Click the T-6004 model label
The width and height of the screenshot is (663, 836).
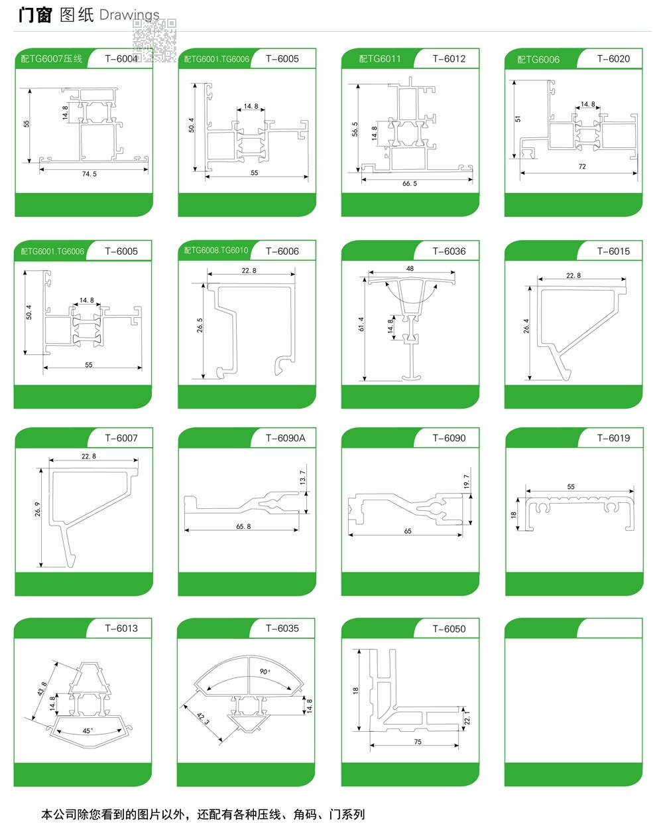(x=121, y=58)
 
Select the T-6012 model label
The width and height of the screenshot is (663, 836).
(x=449, y=58)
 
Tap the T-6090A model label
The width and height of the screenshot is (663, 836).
(x=285, y=438)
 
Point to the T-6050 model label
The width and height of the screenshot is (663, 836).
(x=449, y=628)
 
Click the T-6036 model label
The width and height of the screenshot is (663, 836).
(x=449, y=251)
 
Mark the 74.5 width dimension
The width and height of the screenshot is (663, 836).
(x=90, y=174)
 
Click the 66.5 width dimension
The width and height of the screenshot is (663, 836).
(x=410, y=183)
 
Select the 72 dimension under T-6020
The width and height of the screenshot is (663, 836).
(x=582, y=167)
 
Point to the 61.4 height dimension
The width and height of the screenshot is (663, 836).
(x=361, y=324)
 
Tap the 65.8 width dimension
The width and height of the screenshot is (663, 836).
(x=243, y=526)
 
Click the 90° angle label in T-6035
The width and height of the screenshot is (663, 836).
(x=265, y=672)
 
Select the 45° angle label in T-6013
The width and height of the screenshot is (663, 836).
(x=88, y=731)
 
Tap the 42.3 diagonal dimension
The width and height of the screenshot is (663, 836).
(x=203, y=718)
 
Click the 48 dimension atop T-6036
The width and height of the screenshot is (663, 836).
(x=410, y=269)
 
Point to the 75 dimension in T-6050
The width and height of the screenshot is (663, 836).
(x=418, y=742)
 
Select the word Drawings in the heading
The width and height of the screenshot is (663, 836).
(x=129, y=15)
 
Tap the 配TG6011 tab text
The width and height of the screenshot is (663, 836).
(x=380, y=58)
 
